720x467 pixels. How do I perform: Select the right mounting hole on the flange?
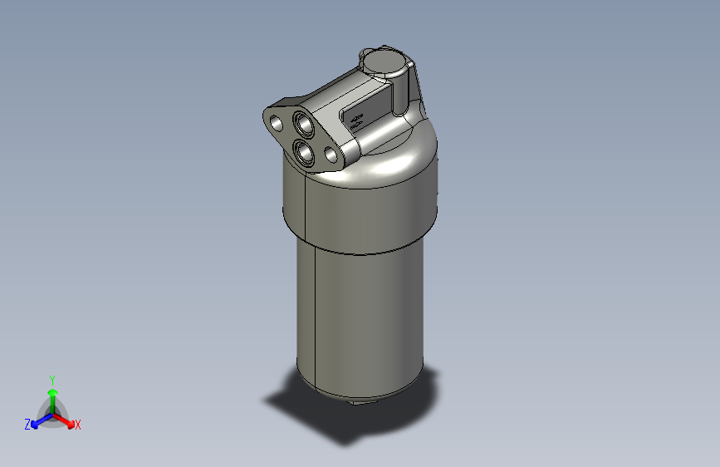click(331, 155)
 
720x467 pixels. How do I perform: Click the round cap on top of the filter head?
click(385, 61)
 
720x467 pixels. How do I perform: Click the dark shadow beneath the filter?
click(332, 420)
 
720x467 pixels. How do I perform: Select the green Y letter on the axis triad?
click(51, 379)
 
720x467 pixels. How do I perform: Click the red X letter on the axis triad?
click(78, 425)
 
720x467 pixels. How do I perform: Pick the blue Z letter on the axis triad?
click(27, 425)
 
